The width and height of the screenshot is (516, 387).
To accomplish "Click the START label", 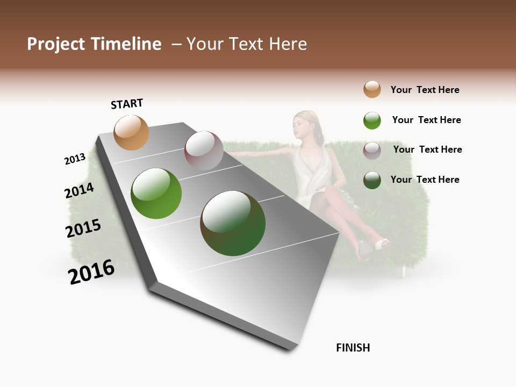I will [x=127, y=104].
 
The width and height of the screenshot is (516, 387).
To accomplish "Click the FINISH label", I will [x=353, y=348].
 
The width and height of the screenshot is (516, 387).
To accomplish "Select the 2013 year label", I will [x=75, y=159].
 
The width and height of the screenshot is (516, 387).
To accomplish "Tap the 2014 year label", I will [x=79, y=190].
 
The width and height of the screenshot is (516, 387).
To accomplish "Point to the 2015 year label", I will [x=83, y=228].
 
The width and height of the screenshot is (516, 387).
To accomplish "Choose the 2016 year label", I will [x=91, y=271].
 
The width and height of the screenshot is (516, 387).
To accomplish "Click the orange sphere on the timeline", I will [x=131, y=132].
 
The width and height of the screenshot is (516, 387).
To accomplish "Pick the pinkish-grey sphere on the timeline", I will [x=204, y=150].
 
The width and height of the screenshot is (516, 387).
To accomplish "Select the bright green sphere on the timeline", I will [x=156, y=193].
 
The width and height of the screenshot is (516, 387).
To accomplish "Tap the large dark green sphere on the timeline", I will [x=233, y=223].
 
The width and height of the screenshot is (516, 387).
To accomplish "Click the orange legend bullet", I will [x=372, y=89].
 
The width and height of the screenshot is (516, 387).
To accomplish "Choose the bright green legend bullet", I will [x=372, y=120].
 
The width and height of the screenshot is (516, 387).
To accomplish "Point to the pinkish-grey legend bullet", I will [x=372, y=150].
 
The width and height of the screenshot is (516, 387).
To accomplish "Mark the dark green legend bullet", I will [x=372, y=180].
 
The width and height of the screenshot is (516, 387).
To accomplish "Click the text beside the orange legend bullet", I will [x=425, y=90].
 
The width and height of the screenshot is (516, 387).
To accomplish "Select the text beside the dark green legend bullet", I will [x=425, y=180].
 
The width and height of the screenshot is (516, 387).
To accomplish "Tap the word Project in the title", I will [x=56, y=44].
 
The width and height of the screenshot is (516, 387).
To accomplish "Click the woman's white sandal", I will [x=382, y=245].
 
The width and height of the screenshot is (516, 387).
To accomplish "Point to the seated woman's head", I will [x=306, y=123].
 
